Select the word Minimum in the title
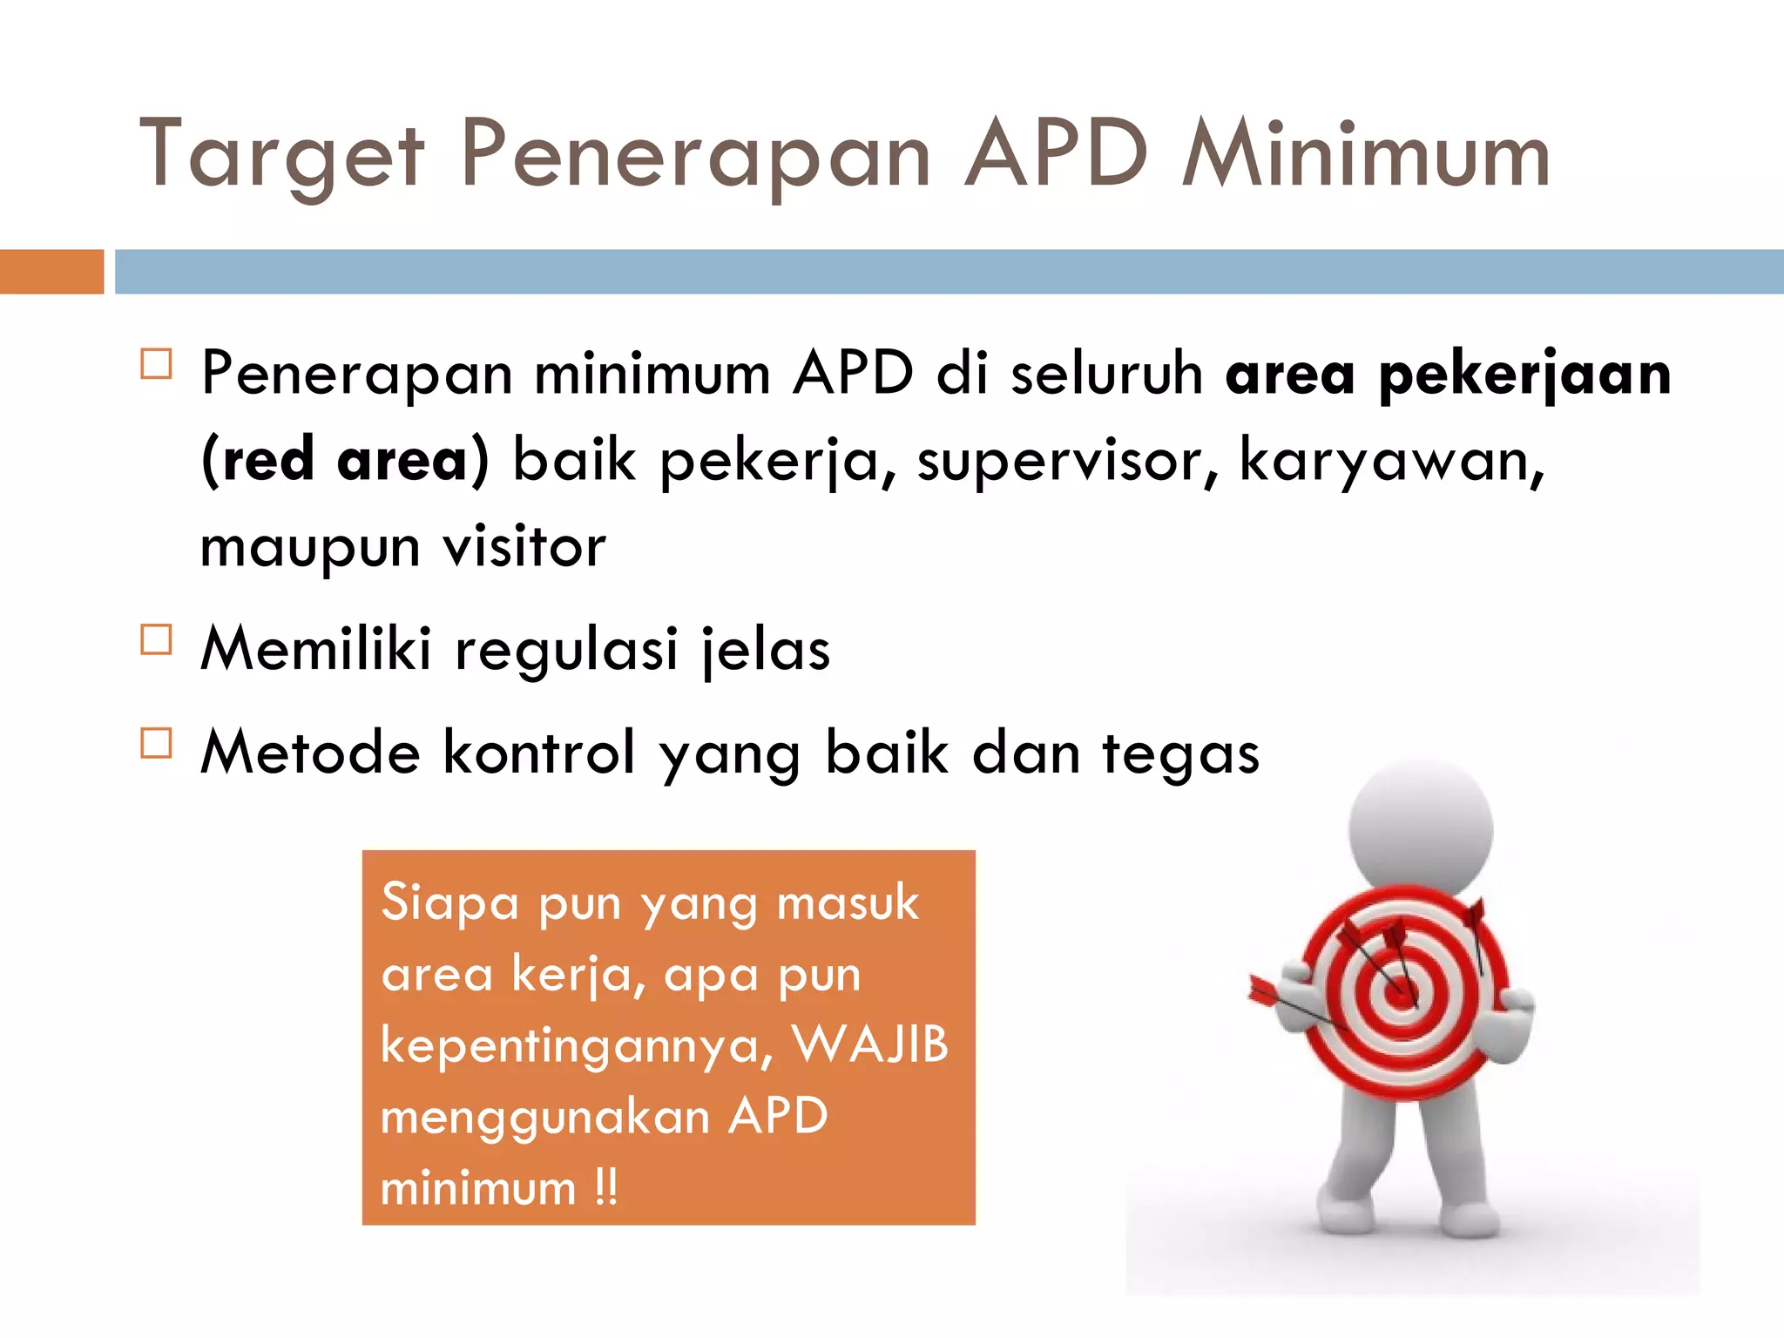[1366, 155]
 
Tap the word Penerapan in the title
[695, 155]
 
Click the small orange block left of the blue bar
[51, 272]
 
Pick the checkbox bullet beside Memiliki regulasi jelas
[156, 640]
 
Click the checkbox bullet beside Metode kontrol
[156, 743]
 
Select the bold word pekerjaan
[1524, 375]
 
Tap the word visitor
[524, 547]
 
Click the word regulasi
[566, 650]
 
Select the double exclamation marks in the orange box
[606, 1186]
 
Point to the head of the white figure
[1420, 828]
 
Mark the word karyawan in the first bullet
[1390, 460]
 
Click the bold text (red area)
[345, 460]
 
